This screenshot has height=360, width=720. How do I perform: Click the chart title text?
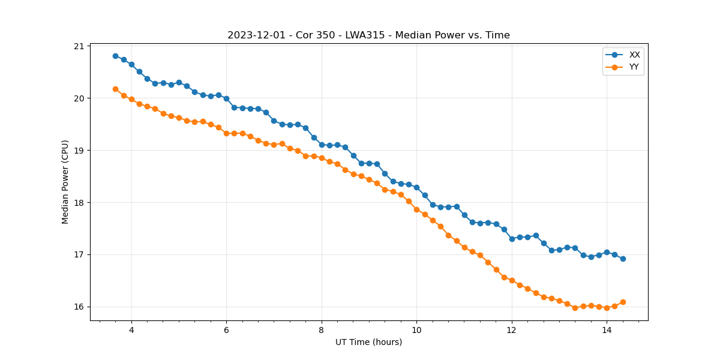(x=368, y=35)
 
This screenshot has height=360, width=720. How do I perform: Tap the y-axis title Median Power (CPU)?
(x=65, y=182)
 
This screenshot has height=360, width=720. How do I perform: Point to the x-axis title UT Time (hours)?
(x=368, y=342)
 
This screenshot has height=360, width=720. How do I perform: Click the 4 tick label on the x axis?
(x=131, y=330)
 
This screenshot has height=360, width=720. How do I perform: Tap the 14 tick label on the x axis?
(x=607, y=330)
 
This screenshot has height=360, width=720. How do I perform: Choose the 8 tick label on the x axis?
(x=322, y=330)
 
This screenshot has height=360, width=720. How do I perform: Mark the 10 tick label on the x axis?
(x=416, y=330)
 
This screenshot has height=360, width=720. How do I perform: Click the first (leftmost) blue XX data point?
(x=115, y=56)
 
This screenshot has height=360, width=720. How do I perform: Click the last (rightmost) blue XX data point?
(x=623, y=259)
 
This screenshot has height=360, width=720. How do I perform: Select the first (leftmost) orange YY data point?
(x=115, y=89)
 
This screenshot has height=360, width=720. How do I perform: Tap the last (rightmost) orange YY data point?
(x=623, y=302)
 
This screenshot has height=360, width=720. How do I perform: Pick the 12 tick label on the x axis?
(x=512, y=330)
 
